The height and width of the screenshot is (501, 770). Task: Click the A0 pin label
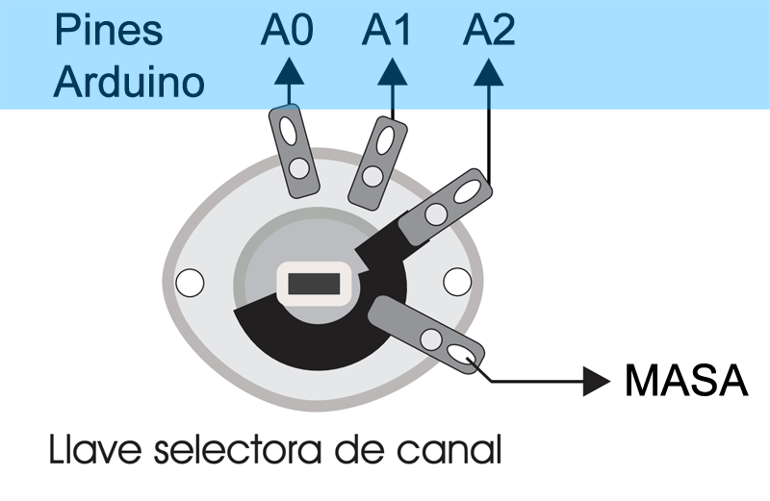[286, 31]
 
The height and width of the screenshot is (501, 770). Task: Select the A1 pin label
[387, 31]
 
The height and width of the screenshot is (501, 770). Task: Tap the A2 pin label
[489, 31]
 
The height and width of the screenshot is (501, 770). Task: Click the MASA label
[686, 382]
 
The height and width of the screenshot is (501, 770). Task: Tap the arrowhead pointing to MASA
[598, 382]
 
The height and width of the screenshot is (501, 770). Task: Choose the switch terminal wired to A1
[377, 159]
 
